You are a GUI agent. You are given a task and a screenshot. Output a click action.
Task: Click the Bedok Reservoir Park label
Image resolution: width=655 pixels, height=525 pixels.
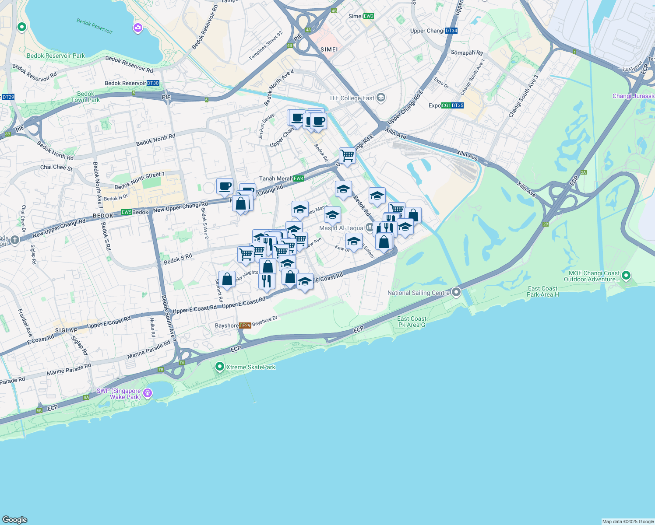pos(56,56)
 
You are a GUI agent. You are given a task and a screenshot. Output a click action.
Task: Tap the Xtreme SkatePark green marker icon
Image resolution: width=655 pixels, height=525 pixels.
pos(220,367)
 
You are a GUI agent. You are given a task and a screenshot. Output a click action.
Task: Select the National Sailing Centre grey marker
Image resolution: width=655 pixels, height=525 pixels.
pos(456,292)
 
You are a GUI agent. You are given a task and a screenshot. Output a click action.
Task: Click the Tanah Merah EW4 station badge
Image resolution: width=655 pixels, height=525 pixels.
pos(299,178)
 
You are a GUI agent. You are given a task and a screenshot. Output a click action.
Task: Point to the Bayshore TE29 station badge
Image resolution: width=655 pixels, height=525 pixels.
pos(245,325)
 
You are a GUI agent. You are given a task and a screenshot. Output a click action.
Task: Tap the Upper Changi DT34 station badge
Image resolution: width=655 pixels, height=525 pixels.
pos(451,31)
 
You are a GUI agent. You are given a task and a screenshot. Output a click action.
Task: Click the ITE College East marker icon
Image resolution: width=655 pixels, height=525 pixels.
pos(380,98)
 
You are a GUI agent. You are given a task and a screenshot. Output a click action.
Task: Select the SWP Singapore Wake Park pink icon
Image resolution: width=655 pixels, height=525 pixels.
pos(148,393)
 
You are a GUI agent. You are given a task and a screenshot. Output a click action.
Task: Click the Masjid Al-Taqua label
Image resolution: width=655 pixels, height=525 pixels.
pos(341,228)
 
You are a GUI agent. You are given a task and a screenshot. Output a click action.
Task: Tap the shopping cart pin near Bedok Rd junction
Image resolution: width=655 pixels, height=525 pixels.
pos(347,155)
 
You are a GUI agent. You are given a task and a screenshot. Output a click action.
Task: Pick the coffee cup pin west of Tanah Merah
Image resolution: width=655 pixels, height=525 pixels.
pos(225,186)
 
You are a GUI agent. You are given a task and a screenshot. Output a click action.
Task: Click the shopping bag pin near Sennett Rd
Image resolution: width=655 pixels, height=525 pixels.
pos(227,279)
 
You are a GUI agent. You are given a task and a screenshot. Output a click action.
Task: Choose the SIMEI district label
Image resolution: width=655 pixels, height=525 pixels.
pos(329,49)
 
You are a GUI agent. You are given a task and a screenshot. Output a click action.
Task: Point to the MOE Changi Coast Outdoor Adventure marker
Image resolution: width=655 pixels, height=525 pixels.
pos(626,275)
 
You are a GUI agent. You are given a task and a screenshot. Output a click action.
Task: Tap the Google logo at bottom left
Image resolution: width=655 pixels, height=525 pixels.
pos(14,519)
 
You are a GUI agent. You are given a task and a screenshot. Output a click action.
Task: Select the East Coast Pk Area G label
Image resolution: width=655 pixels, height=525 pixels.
pos(412,322)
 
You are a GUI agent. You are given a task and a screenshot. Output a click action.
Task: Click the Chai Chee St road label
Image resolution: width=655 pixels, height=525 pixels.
pos(56,168)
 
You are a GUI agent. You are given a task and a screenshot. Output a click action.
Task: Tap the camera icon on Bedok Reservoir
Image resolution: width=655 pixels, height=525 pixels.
pos(138,28)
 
